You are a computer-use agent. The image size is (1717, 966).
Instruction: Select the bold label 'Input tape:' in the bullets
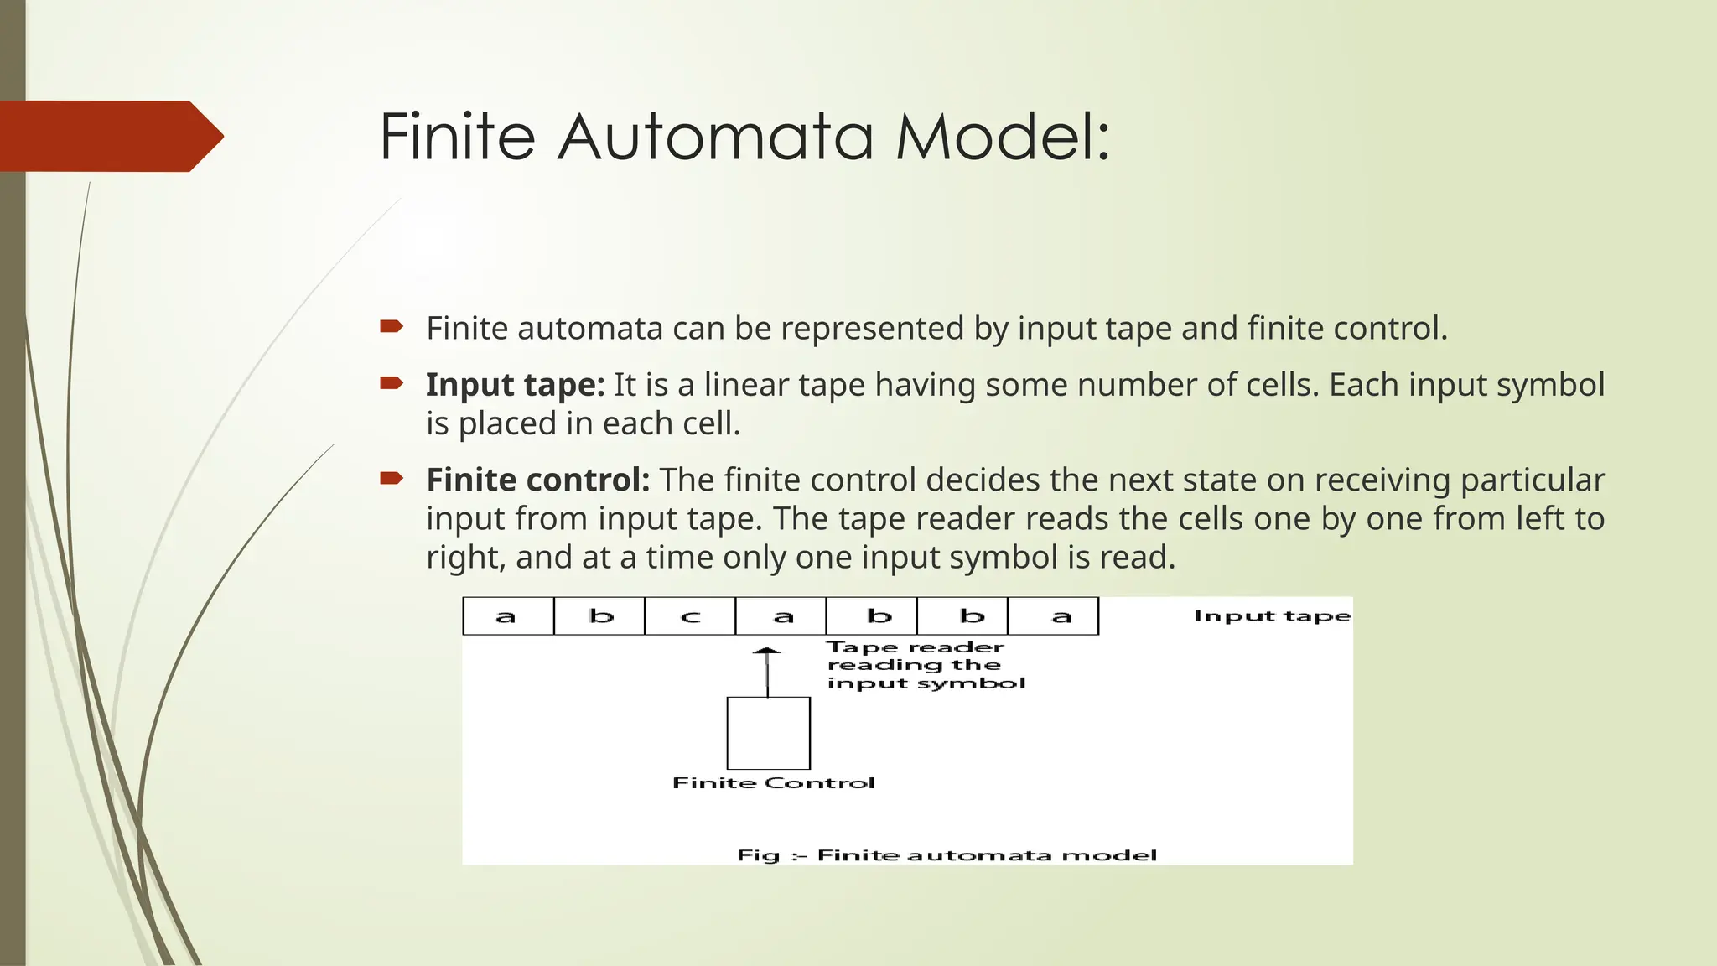pos(515,385)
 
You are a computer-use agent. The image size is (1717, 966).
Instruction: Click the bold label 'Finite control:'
pos(537,480)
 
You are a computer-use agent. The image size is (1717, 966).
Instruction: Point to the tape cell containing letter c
pos(690,616)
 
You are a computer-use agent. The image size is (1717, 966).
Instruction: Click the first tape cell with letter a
pos(508,616)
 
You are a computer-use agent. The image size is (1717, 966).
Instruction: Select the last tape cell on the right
pos(1053,616)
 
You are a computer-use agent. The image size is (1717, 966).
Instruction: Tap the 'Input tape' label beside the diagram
pos(1272,616)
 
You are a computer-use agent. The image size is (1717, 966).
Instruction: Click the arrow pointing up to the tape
pos(766,671)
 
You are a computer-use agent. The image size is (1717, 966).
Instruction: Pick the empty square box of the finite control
pos(768,733)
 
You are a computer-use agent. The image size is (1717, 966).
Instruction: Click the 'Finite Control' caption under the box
pos(773,783)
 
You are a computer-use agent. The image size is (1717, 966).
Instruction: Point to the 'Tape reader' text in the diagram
pos(916,647)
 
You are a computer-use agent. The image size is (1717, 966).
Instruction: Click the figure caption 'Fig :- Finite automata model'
pos(947,855)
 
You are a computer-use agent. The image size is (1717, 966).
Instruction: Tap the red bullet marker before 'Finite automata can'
pos(392,326)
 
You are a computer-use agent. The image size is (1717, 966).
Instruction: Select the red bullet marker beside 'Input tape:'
pos(392,383)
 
